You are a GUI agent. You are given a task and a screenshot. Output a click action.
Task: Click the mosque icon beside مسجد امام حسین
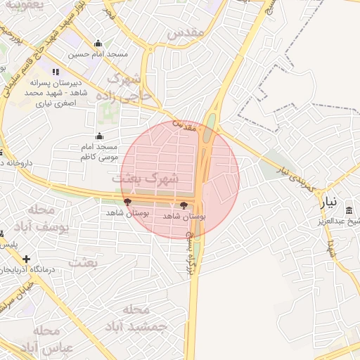coord(97,44)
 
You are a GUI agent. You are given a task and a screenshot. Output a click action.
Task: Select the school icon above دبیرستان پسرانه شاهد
coord(56,72)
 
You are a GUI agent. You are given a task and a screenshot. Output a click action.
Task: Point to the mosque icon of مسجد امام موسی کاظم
coord(98,136)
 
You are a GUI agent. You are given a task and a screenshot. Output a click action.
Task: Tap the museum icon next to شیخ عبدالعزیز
coord(349,210)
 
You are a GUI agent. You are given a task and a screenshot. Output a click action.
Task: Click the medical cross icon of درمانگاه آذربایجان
coord(26,259)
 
